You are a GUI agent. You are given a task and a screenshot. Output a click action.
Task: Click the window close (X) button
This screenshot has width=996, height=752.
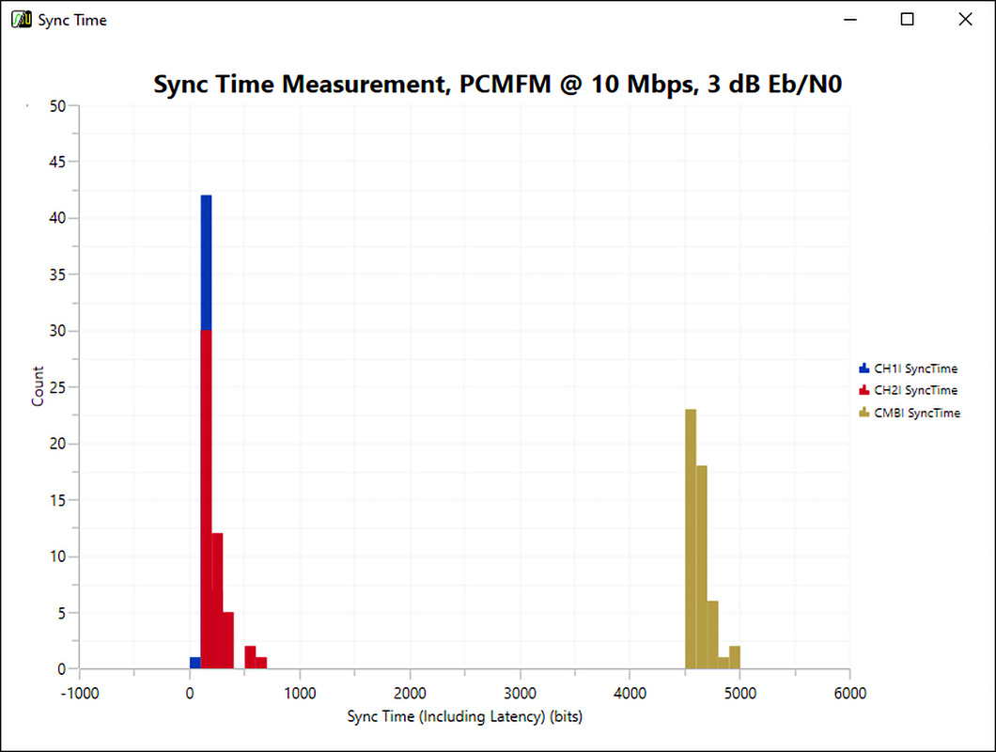(x=964, y=19)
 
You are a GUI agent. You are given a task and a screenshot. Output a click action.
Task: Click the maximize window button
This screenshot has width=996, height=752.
(x=907, y=19)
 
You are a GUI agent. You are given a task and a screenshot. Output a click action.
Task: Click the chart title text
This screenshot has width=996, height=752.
(x=497, y=85)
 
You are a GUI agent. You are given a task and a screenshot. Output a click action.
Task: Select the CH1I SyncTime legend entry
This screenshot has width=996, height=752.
(x=908, y=368)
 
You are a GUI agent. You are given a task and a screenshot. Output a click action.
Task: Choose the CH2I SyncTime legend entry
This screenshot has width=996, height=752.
(x=908, y=390)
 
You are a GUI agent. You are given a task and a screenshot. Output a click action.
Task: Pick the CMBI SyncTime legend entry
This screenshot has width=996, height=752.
(x=909, y=413)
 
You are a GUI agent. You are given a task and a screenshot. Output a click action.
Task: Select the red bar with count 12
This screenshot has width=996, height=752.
(x=217, y=601)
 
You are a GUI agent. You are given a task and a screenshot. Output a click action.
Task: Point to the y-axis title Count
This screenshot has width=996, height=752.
(x=38, y=386)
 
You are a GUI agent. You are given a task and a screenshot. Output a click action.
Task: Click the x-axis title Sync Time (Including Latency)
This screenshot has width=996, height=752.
(x=464, y=717)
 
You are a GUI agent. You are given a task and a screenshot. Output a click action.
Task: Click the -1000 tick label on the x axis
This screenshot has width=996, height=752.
(x=79, y=694)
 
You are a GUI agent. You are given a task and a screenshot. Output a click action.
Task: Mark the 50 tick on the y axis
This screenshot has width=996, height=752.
(x=58, y=105)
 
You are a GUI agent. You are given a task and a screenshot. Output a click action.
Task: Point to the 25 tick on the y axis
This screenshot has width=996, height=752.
(x=58, y=387)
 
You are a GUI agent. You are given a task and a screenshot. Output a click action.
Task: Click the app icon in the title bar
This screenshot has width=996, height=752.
(x=20, y=19)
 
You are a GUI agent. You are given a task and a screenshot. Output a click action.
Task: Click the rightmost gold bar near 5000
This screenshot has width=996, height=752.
(x=735, y=657)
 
